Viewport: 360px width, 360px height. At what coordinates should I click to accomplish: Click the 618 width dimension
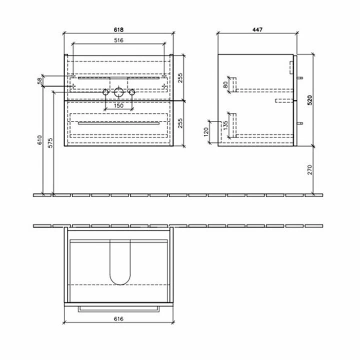[118, 29]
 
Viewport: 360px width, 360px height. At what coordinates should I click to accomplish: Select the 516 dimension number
[118, 40]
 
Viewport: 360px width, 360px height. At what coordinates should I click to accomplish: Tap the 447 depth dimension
[257, 29]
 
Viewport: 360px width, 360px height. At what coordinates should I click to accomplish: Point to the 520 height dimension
[309, 100]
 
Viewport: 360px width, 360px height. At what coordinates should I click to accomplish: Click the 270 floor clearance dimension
[309, 169]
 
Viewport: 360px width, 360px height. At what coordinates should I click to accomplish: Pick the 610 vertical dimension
[39, 140]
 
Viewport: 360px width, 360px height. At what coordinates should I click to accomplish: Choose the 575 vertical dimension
[50, 142]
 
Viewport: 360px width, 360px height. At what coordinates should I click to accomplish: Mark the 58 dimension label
[39, 81]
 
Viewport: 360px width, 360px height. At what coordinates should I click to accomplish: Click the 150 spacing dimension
[118, 105]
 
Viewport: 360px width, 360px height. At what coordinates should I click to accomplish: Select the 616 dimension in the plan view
[118, 318]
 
